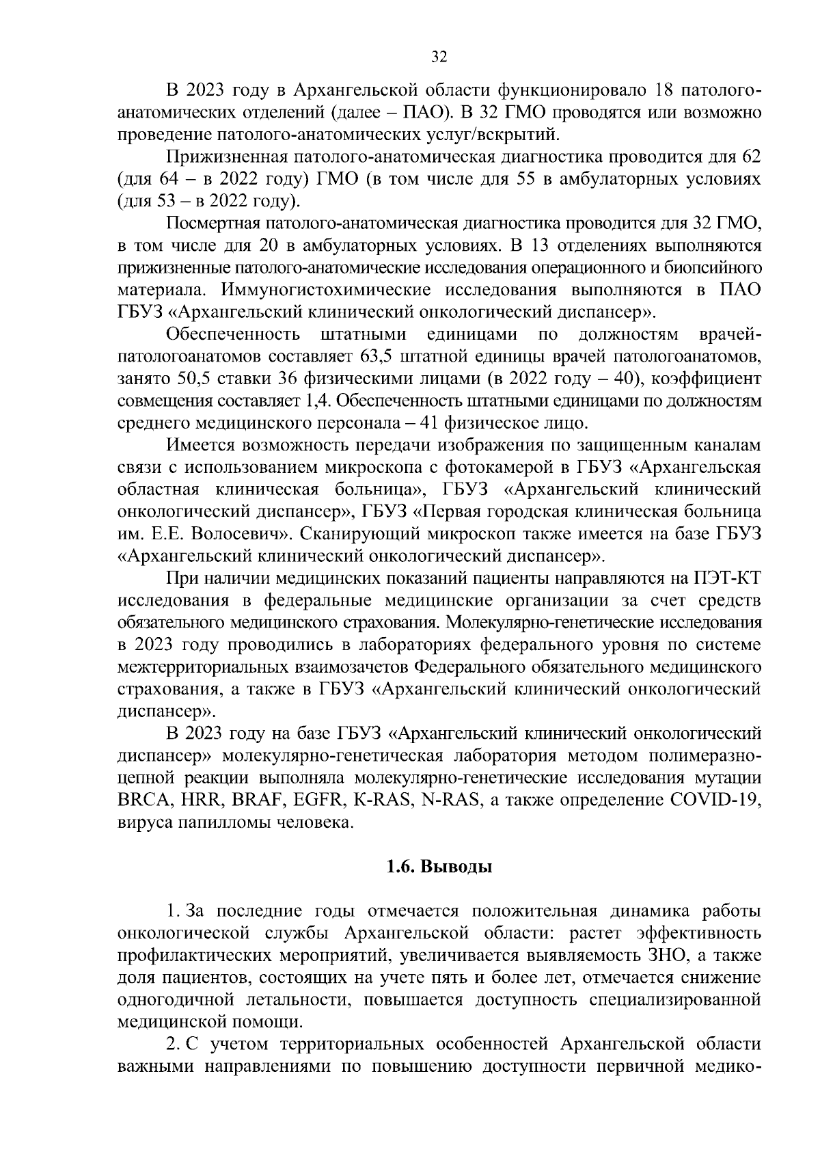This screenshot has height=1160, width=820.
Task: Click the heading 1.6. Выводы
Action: click(x=439, y=867)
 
